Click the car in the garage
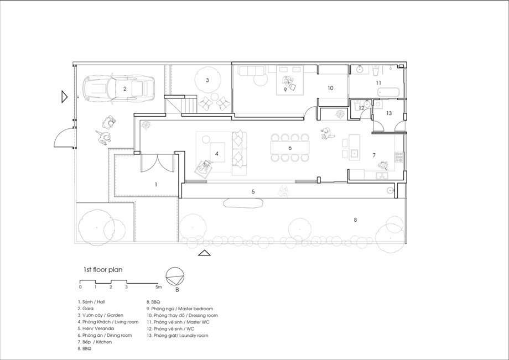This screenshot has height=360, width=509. [x=119, y=88]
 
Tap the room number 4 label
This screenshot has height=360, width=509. [x=217, y=154]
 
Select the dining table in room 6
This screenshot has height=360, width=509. [x=290, y=148]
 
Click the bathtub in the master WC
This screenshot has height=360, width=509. [x=389, y=92]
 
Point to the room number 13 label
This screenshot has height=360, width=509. [x=389, y=113]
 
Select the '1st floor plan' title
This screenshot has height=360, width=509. [x=103, y=269]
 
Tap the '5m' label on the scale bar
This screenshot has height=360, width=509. [x=158, y=287]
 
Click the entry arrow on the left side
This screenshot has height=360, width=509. [x=64, y=97]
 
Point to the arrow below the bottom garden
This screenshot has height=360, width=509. [x=204, y=253]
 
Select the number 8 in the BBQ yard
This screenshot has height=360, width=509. [x=355, y=220]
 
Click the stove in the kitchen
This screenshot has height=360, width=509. [x=399, y=157]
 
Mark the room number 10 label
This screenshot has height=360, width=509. [x=330, y=88]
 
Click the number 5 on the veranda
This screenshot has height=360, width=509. [x=253, y=192]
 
